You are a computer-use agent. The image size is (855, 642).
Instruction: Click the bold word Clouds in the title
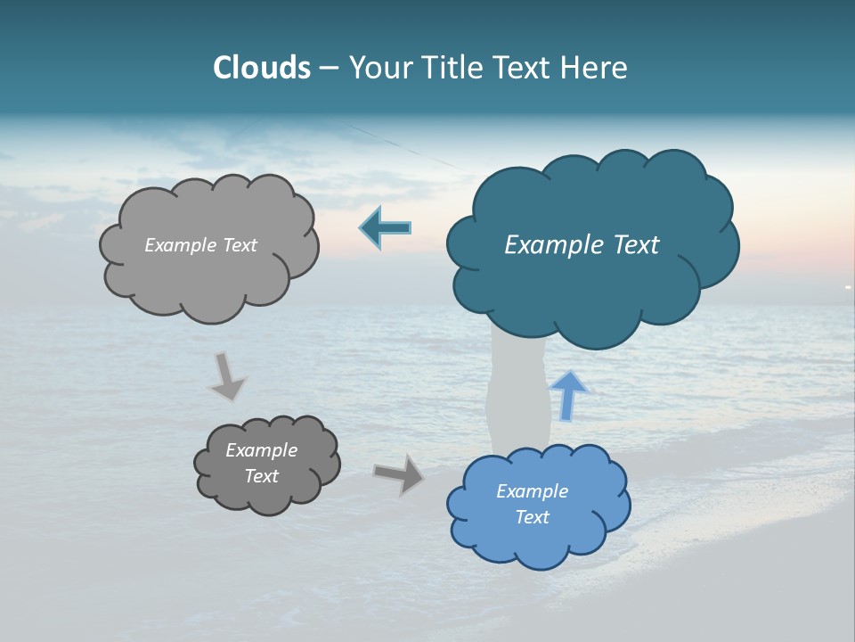262,68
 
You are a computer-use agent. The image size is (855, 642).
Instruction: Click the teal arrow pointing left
386,228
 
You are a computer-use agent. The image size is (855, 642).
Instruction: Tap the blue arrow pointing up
568,396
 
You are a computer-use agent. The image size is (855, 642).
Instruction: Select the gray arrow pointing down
226,376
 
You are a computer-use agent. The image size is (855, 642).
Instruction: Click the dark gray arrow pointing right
399,473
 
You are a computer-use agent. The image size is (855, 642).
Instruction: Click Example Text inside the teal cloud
582,245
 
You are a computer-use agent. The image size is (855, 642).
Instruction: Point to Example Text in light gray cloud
200,245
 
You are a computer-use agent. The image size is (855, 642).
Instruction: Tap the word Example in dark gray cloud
261,450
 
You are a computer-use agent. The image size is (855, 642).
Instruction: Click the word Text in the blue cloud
532,517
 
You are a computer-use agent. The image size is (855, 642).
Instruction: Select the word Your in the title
380,68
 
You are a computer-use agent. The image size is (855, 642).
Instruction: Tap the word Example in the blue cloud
532,491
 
